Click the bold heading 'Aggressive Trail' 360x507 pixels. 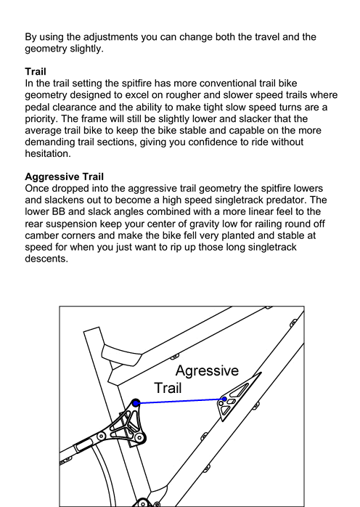point(65,177)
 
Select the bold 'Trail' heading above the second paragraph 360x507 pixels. point(36,71)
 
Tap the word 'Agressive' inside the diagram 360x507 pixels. point(207,370)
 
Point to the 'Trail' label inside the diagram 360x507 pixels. point(168,388)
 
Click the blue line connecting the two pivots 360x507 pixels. point(180,401)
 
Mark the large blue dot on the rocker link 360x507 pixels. point(136,403)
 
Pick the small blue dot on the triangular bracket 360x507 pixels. point(224,399)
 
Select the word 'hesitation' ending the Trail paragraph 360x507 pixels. point(46,153)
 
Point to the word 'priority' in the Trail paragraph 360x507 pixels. point(41,119)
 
